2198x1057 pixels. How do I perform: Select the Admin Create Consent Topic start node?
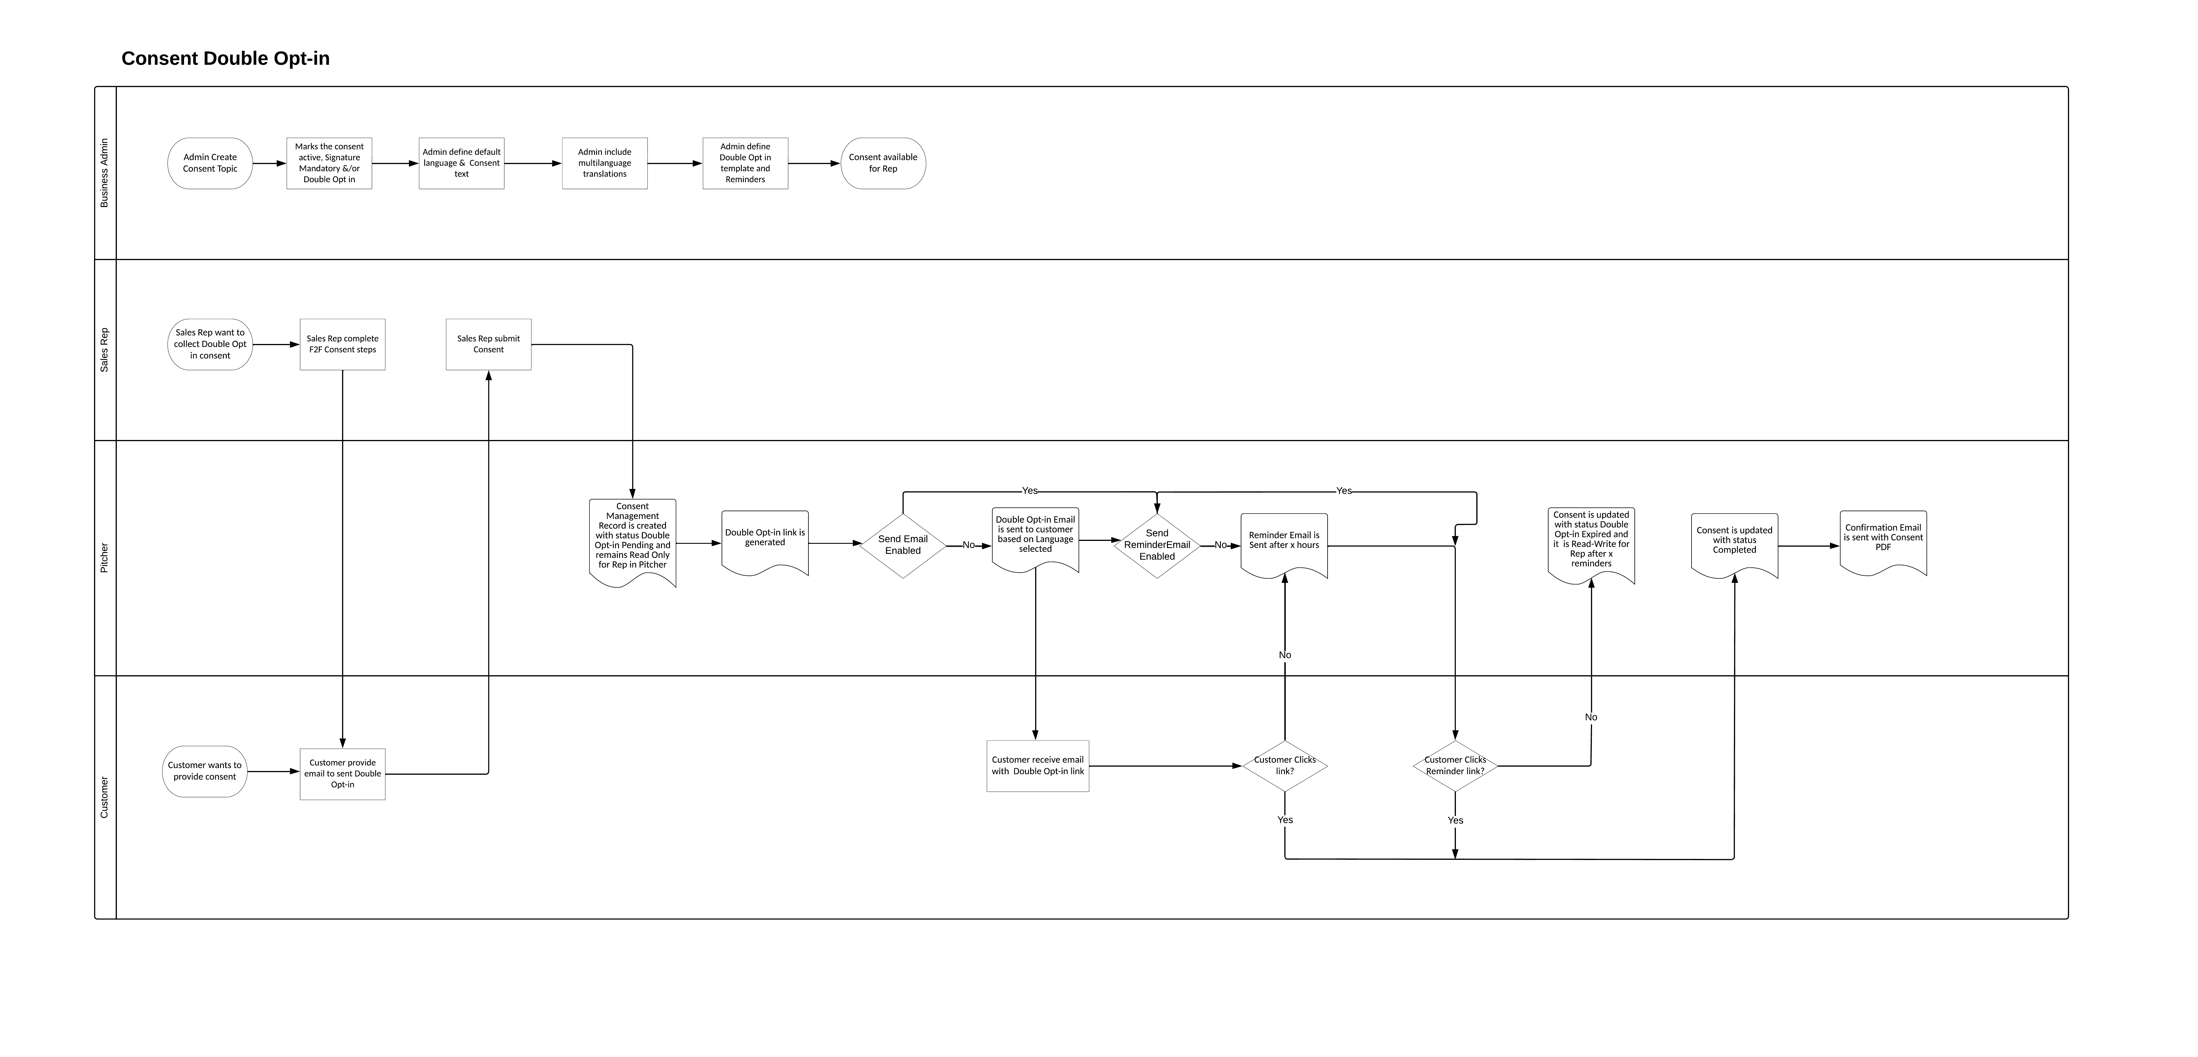tap(210, 163)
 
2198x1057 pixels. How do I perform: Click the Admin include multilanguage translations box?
tap(604, 163)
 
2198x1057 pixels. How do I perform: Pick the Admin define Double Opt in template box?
tap(745, 163)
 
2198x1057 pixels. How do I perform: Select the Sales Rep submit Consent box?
tap(488, 345)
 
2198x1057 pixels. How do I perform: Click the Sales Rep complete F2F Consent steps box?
tap(342, 345)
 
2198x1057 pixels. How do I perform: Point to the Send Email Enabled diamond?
tap(903, 545)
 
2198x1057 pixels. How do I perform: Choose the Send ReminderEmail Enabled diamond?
tap(1157, 545)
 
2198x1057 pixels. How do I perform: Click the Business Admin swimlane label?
tap(104, 173)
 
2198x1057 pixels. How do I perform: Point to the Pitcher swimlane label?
tap(104, 558)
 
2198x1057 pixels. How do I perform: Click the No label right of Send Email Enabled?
tap(968, 545)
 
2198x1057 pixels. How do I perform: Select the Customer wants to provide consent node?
tap(205, 771)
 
